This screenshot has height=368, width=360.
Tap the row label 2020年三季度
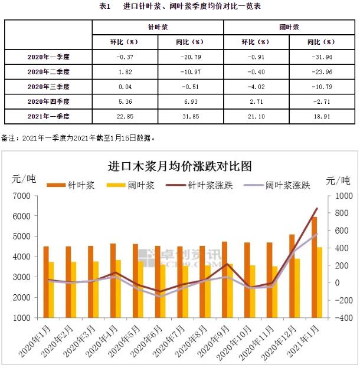point(48,86)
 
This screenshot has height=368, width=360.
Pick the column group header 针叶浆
point(158,27)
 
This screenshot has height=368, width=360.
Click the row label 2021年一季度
point(48,116)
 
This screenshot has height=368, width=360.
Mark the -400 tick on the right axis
point(339,317)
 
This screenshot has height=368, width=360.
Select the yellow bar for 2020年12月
point(297,288)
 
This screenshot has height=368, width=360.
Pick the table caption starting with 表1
point(180,6)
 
